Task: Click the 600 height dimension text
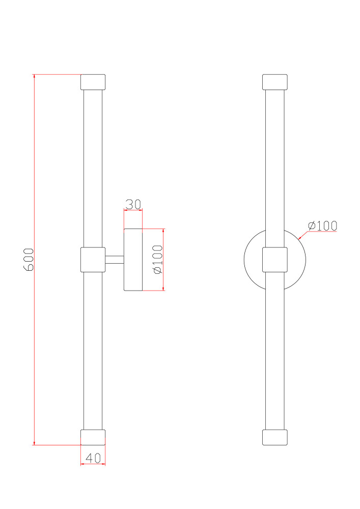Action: (x=29, y=259)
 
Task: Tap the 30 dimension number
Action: (x=133, y=205)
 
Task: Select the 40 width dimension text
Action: (x=93, y=458)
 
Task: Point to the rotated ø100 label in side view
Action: (x=158, y=260)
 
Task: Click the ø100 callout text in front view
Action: (x=323, y=225)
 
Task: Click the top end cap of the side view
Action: (x=93, y=82)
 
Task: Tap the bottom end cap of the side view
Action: (x=93, y=437)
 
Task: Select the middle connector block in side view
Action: (x=93, y=260)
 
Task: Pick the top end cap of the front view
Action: (x=274, y=82)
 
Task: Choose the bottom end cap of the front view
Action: (x=274, y=437)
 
